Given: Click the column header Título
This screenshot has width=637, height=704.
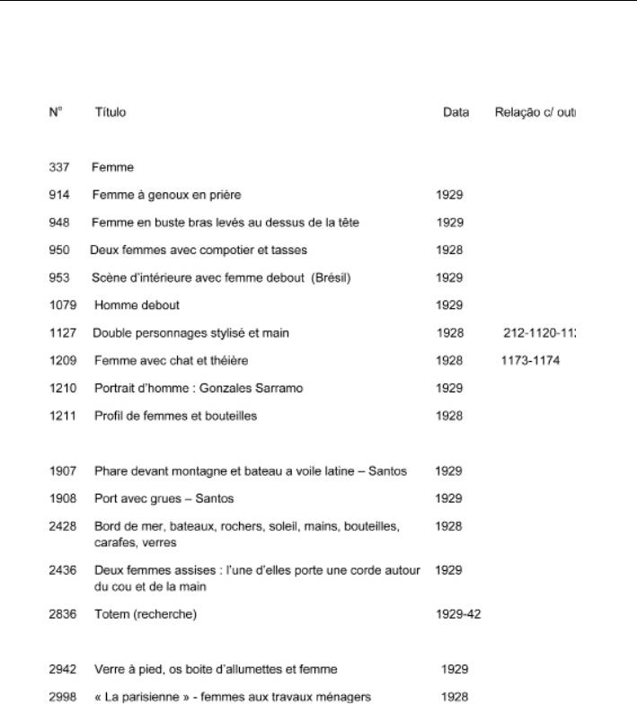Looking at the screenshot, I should (111, 112).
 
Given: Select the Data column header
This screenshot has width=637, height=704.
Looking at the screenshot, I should (456, 112).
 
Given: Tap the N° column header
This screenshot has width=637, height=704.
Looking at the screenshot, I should (56, 112).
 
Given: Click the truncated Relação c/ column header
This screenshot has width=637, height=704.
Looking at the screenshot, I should (534, 112).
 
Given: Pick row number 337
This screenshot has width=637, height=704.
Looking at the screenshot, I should (59, 167).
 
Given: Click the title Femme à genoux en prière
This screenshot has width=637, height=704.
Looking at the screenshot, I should (166, 195).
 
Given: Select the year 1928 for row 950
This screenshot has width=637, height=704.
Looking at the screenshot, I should (449, 250).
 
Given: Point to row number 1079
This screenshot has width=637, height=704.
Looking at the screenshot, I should (63, 305).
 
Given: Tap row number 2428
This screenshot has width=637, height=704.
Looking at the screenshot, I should (63, 525).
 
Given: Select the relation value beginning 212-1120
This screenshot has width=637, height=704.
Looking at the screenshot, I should (539, 333).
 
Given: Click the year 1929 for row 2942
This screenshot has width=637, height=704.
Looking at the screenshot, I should (455, 669).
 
